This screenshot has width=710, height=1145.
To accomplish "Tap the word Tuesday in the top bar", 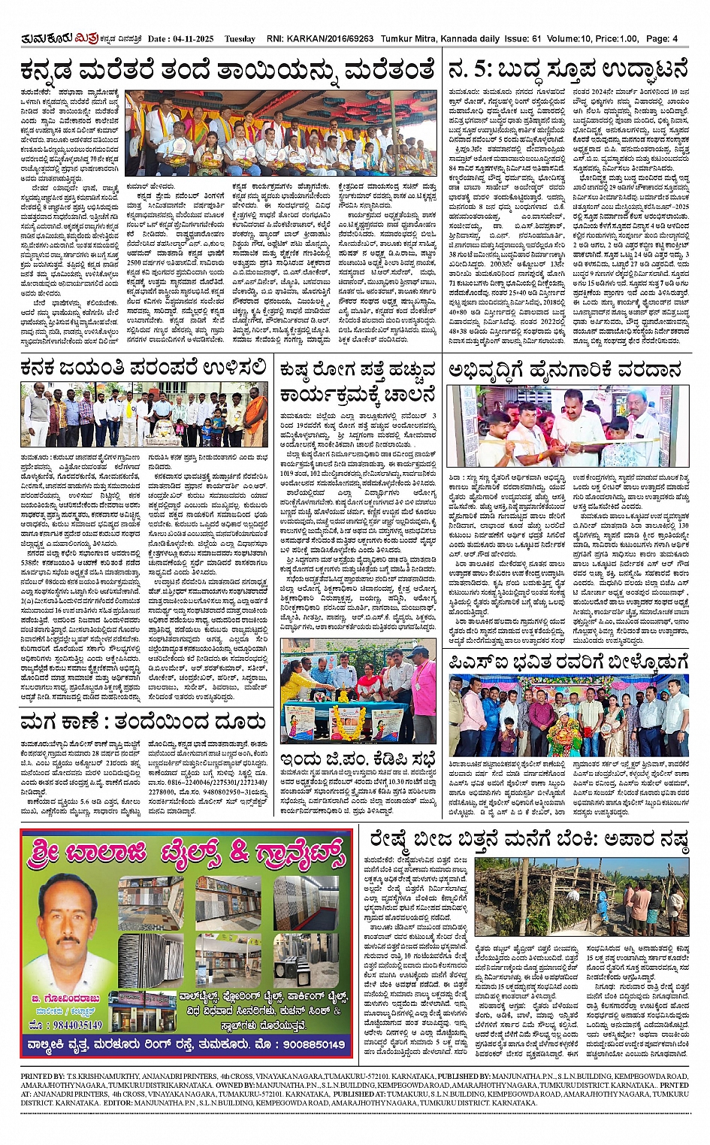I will pyautogui.click(x=240, y=38).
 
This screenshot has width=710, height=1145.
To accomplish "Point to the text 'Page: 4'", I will pyautogui.click(x=663, y=38).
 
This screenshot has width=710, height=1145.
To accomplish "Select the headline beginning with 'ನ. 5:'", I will pyautogui.click(x=567, y=70).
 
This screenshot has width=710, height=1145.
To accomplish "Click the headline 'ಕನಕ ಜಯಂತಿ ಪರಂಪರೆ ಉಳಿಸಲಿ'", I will pyautogui.click(x=143, y=368).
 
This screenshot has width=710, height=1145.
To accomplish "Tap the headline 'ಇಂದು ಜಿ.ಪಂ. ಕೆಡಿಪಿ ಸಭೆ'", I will pyautogui.click(x=358, y=757).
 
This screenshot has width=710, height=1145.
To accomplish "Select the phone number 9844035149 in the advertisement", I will pyautogui.click(x=65, y=1025).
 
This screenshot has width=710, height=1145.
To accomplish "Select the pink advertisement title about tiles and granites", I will pyautogui.click(x=184, y=850).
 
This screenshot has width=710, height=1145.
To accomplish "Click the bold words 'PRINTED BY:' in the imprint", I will pyautogui.click(x=43, y=1076).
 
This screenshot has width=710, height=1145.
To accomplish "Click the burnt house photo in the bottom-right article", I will pyautogui.click(x=582, y=898).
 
